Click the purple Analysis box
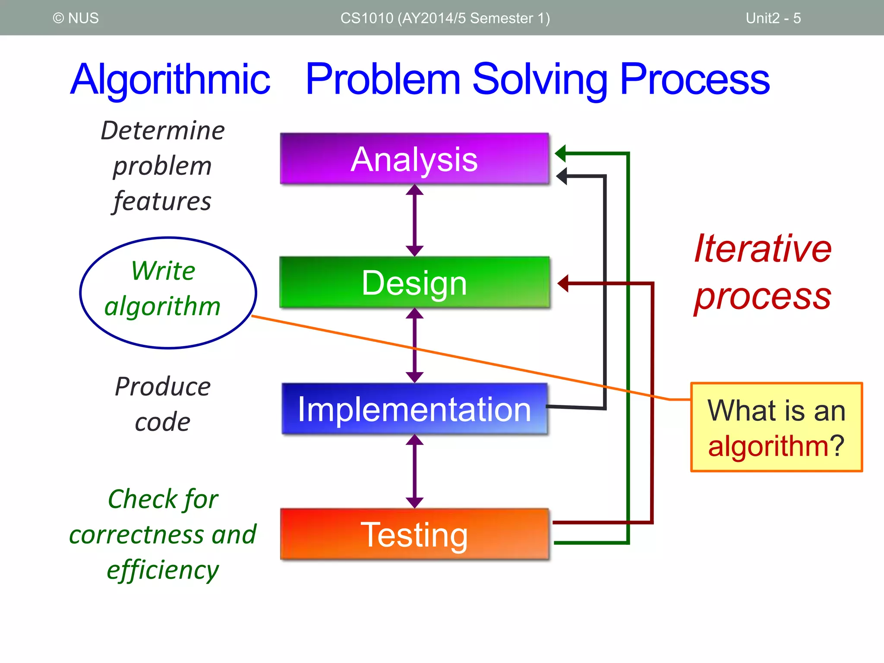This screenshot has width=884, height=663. pos(414,159)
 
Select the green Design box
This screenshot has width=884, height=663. pos(414,283)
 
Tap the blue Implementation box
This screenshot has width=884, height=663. pos(414,409)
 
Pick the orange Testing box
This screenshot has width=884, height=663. pos(414,534)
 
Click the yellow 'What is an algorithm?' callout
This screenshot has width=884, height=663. pos(776,427)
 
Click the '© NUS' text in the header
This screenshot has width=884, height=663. pos(76,18)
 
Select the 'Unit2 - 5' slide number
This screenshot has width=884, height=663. pos(773,18)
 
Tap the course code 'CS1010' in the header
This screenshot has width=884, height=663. pos(367,18)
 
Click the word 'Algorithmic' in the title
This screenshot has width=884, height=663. pos(170,79)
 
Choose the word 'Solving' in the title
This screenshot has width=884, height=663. pos(540,79)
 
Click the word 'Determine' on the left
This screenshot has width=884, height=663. pos(163,130)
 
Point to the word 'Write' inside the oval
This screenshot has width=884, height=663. pos(163,271)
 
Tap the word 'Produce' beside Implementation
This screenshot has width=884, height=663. pos(163,386)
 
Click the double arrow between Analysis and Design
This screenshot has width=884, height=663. pos(414,220)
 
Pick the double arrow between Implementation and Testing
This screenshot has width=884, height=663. pos(414,471)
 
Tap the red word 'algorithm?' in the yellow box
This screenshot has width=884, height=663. pos(776,445)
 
